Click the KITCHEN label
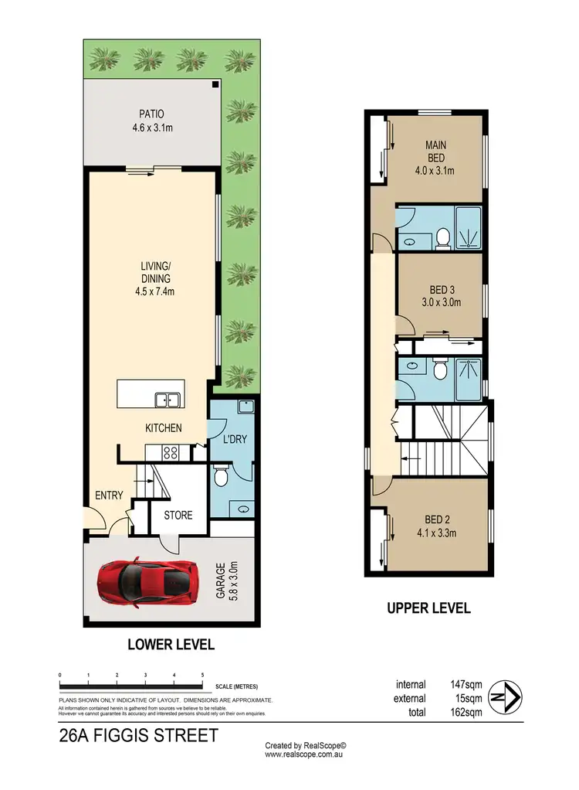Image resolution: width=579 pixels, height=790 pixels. (x=164, y=427)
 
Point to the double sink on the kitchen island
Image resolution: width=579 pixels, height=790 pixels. (x=167, y=400)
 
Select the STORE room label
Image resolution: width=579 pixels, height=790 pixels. (x=178, y=515)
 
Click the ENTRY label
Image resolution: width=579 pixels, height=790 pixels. (x=109, y=495)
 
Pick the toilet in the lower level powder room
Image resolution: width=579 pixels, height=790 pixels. (x=219, y=477)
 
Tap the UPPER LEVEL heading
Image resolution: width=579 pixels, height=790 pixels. (x=428, y=609)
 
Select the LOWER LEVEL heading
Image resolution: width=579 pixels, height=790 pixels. (x=171, y=644)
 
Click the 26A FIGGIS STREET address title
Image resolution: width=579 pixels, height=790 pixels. (x=138, y=735)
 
